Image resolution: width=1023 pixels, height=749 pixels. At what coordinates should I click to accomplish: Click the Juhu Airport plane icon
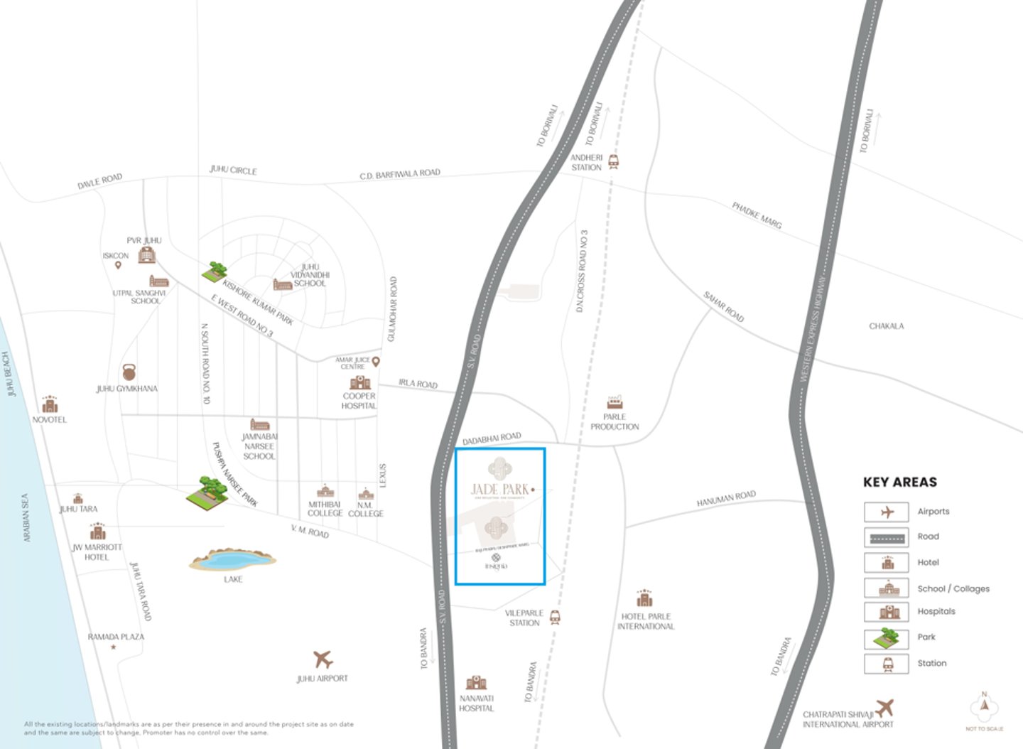coord(323,659)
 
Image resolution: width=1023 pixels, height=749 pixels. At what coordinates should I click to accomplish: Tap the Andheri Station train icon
coord(613,162)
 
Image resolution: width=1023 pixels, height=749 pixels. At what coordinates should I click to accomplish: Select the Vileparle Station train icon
coord(555,618)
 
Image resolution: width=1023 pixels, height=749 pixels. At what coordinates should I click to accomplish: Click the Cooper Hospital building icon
coord(360,382)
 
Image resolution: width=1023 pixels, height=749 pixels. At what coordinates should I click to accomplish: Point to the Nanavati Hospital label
coord(476,704)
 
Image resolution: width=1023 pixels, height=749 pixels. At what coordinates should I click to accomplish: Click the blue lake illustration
coord(232,560)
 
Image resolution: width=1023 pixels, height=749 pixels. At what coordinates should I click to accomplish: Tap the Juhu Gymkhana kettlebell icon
coord(129,372)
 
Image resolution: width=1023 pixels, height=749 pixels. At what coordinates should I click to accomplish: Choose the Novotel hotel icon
coord(50,404)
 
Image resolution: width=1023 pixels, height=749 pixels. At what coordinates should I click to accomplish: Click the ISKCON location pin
coord(118,265)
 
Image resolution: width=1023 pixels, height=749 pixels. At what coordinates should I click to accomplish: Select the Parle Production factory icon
coord(615,402)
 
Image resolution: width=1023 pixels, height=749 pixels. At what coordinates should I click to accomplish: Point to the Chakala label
coord(887,326)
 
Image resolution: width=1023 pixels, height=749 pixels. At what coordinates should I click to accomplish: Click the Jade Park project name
coord(500,489)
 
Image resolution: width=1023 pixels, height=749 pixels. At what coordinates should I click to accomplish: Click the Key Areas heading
coord(900,482)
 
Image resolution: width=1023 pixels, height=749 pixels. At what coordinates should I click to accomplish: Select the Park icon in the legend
coord(886,637)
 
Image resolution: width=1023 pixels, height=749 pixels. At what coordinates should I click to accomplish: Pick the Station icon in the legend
coord(886,664)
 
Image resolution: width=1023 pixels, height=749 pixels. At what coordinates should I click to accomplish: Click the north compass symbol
coord(985,706)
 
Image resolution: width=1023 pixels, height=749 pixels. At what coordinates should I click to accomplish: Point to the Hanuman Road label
coord(726,499)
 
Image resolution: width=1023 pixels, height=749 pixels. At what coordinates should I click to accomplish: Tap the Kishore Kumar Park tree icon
coord(214,271)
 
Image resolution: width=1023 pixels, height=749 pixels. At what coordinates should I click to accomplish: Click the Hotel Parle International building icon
coord(644,598)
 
